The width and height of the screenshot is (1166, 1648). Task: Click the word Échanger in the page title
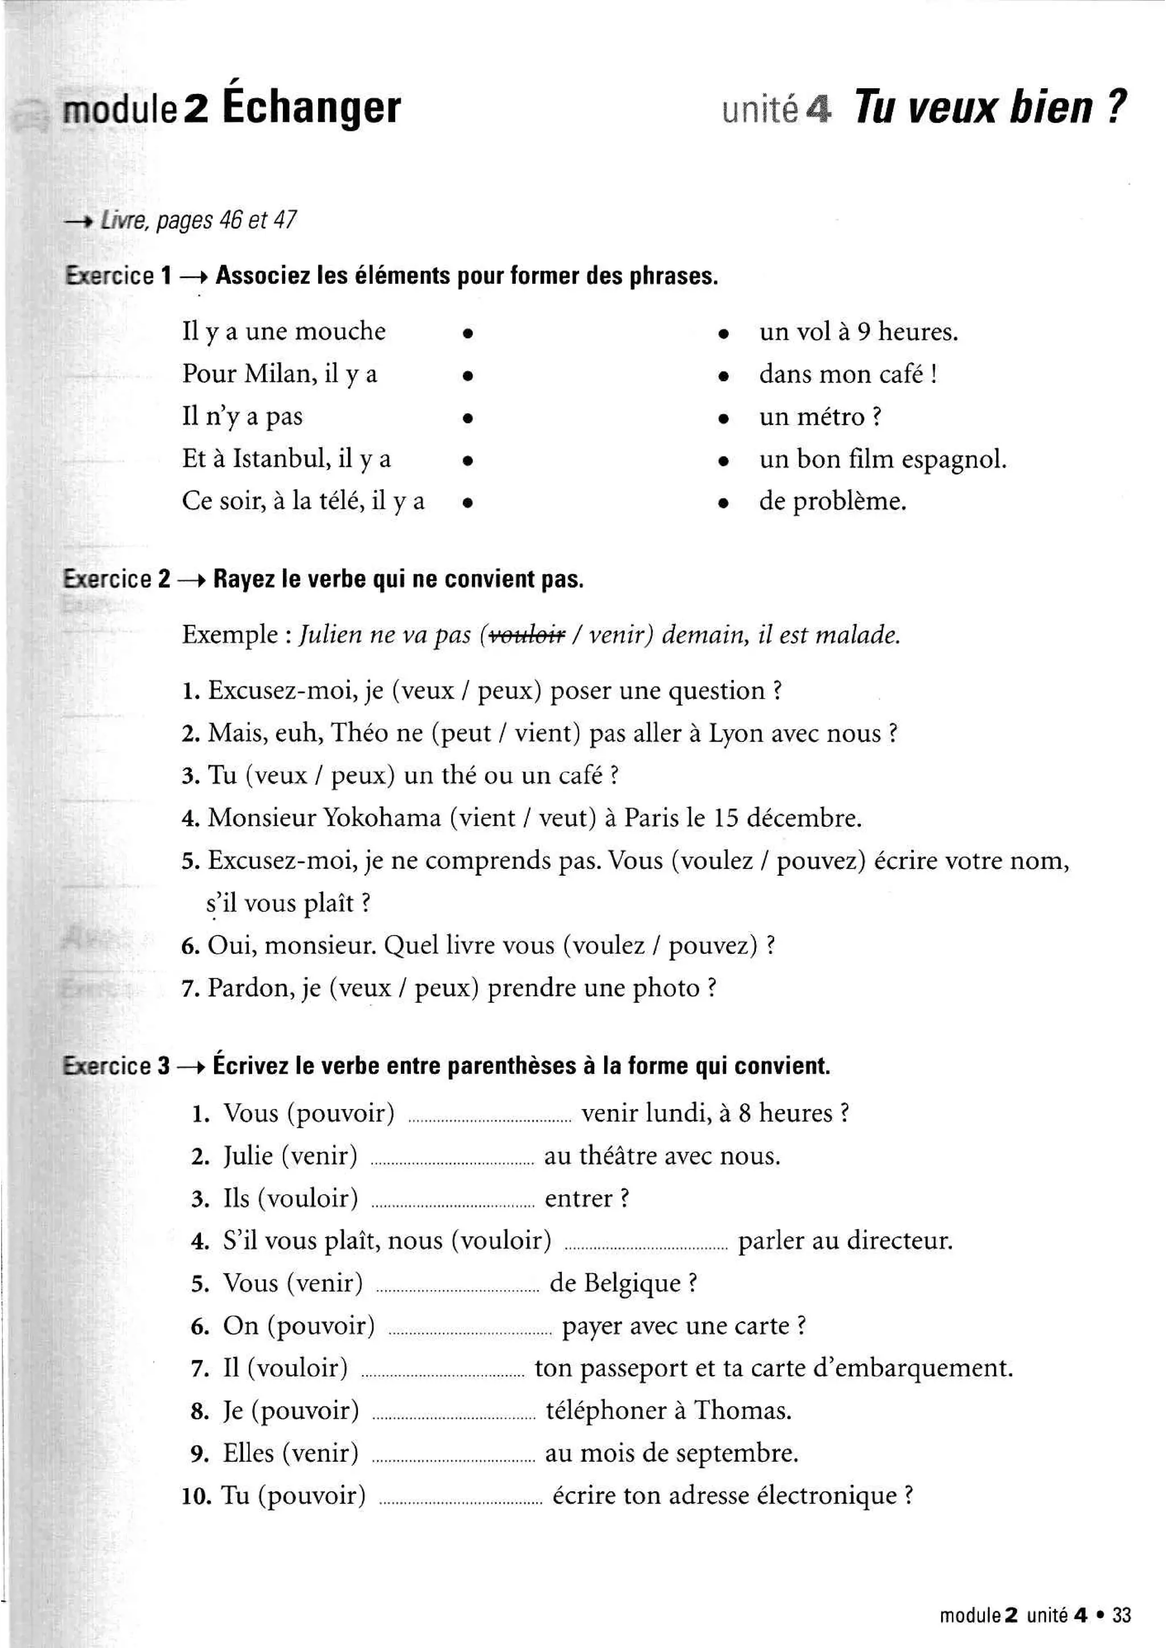(x=311, y=108)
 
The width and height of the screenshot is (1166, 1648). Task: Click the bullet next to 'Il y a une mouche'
(x=467, y=333)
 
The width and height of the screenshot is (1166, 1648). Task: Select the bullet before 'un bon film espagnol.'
(x=724, y=461)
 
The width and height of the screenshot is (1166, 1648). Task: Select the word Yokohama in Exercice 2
(x=382, y=818)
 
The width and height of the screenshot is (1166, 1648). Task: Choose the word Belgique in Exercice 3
(x=632, y=1283)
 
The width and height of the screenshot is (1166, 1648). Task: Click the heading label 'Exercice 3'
(x=116, y=1066)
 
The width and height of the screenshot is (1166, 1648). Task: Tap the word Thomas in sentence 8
(x=742, y=1411)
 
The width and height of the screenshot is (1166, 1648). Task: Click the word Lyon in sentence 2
(x=735, y=734)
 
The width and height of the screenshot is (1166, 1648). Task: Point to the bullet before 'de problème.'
(x=724, y=504)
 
